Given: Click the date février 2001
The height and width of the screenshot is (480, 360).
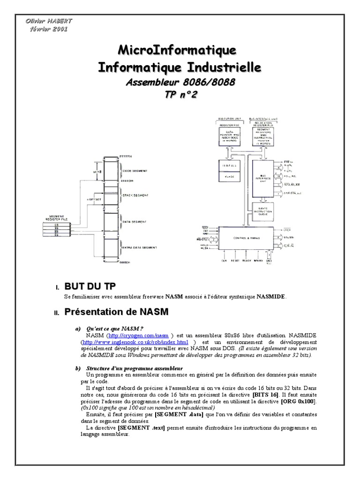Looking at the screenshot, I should pos(48,29).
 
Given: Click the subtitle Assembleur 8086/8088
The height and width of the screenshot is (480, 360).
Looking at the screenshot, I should pos(180,83).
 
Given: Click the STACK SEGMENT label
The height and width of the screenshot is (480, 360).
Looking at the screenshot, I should pos(136,195).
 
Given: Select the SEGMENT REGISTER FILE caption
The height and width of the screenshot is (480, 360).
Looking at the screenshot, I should pos(57,218).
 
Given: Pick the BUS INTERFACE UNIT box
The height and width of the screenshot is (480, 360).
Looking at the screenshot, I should pos(263,180).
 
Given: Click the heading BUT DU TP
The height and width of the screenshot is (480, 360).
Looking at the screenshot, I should pos(90,286).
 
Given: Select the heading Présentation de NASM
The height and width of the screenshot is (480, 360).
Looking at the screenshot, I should pos(116,312).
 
